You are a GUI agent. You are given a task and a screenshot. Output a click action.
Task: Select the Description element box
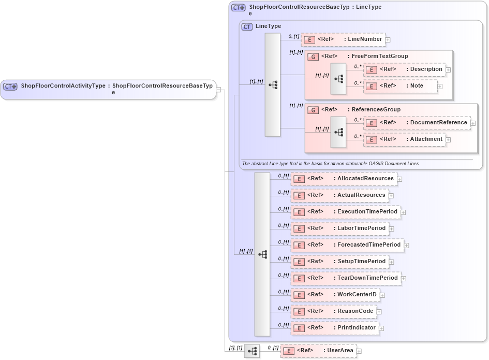[426, 69]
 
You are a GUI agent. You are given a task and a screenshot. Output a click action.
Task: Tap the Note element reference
[417, 86]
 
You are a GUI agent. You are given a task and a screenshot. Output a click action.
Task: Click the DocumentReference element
[438, 123]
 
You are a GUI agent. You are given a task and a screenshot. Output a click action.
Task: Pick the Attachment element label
[426, 139]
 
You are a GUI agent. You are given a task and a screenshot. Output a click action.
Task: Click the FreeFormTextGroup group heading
[377, 56]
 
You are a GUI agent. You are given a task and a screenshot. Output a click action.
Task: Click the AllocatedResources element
[365, 179]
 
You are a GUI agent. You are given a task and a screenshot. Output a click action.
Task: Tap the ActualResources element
[361, 195]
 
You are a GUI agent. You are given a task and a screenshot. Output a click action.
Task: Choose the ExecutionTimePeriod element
[367, 212]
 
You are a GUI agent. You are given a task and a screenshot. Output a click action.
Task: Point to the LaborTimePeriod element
[361, 228]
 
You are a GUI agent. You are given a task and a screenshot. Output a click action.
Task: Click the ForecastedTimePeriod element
[368, 245]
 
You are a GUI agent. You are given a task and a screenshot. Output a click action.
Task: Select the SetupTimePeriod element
[361, 262]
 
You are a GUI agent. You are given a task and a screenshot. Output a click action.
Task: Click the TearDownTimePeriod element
[367, 278]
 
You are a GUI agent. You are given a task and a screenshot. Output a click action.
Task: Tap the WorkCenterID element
[357, 295]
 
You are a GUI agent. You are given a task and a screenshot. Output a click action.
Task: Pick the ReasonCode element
[355, 311]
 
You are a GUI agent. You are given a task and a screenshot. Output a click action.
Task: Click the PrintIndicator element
[356, 328]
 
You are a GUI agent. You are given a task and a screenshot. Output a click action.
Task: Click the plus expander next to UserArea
[359, 351]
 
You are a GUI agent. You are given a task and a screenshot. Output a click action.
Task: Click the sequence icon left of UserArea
[252, 351]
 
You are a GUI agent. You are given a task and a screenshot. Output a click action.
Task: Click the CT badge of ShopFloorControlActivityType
[10, 87]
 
